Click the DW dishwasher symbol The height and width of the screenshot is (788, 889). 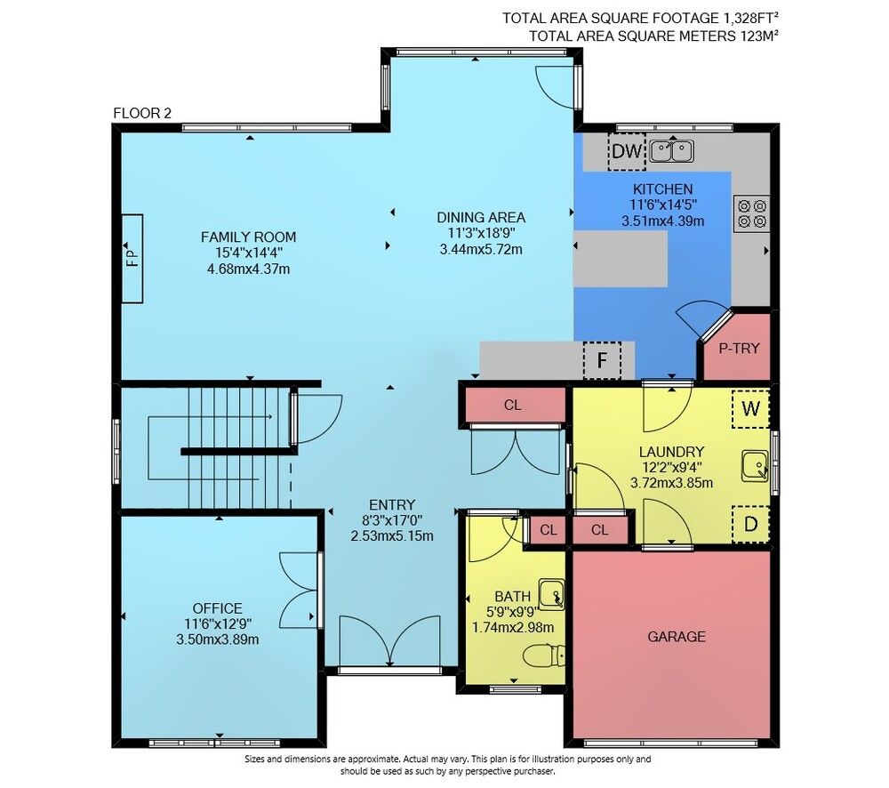pos(627,151)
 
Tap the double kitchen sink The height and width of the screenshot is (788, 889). pos(672,151)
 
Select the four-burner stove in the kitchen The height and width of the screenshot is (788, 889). pos(751,213)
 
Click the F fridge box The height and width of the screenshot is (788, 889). pos(602,359)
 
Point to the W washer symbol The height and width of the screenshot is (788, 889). pos(750,408)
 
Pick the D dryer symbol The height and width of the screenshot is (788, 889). pos(750,524)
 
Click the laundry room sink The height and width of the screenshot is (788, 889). pos(755,466)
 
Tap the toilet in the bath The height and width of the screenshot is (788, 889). pos(544,655)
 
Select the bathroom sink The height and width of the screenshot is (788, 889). pos(551,594)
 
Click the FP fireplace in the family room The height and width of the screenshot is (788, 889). pos(132,259)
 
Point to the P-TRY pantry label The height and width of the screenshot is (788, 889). pos(739,349)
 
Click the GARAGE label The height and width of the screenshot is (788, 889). pos(677,637)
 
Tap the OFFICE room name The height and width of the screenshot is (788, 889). pos(217,608)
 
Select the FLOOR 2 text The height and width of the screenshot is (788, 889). pos(141,113)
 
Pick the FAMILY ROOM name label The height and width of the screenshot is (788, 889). pos(248,237)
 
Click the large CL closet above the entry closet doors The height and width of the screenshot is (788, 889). pos(513,405)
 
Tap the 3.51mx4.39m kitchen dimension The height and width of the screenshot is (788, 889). pos(663,221)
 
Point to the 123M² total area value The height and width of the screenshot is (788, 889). pos(759,36)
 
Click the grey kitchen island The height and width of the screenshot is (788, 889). pos(621,259)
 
